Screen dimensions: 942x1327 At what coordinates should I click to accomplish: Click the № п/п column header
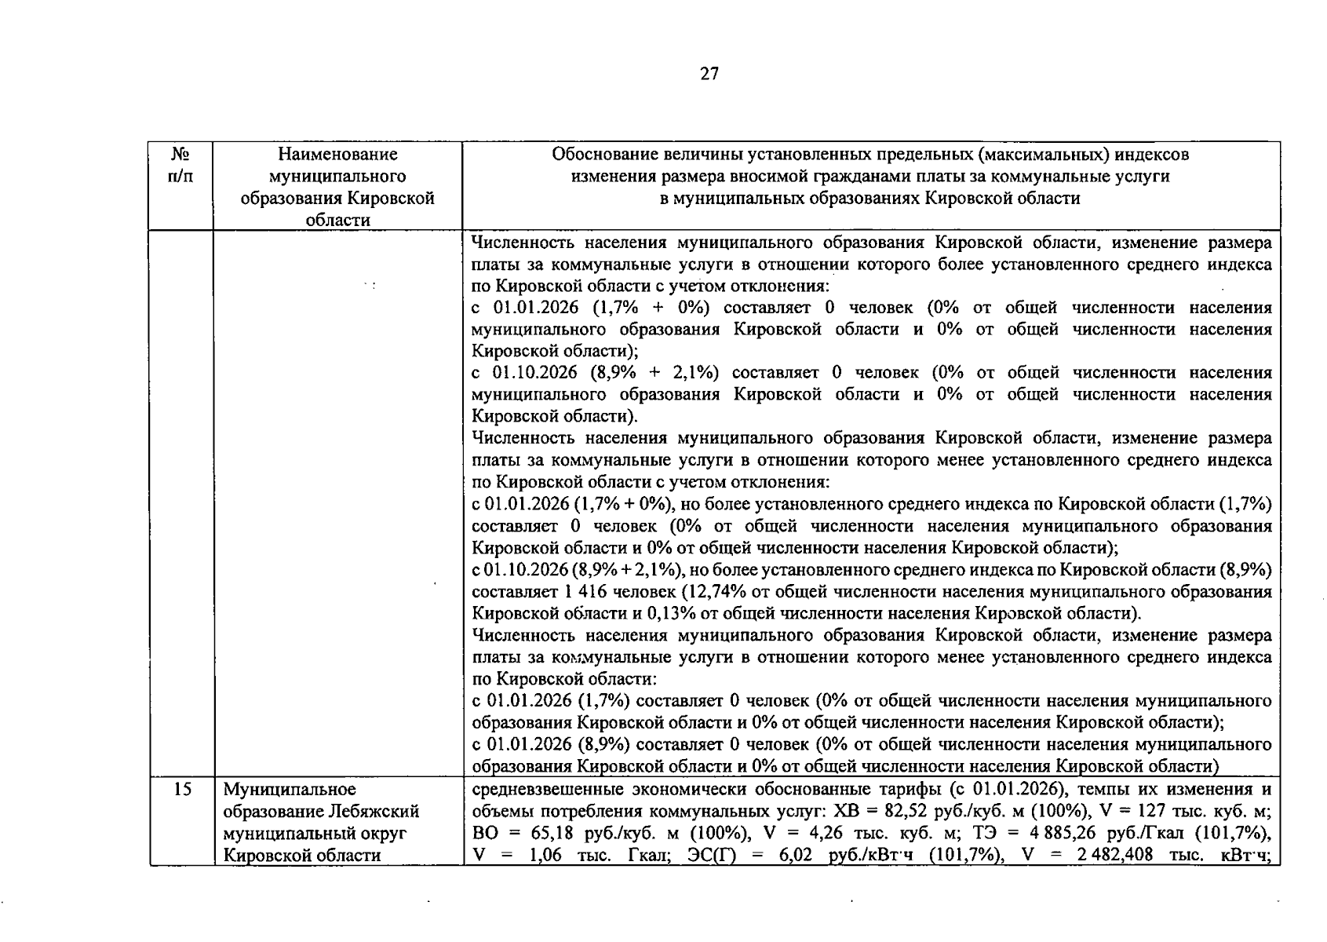180,165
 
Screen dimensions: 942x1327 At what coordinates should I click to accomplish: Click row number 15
182,789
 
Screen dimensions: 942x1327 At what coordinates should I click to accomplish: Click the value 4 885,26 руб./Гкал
1026,833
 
